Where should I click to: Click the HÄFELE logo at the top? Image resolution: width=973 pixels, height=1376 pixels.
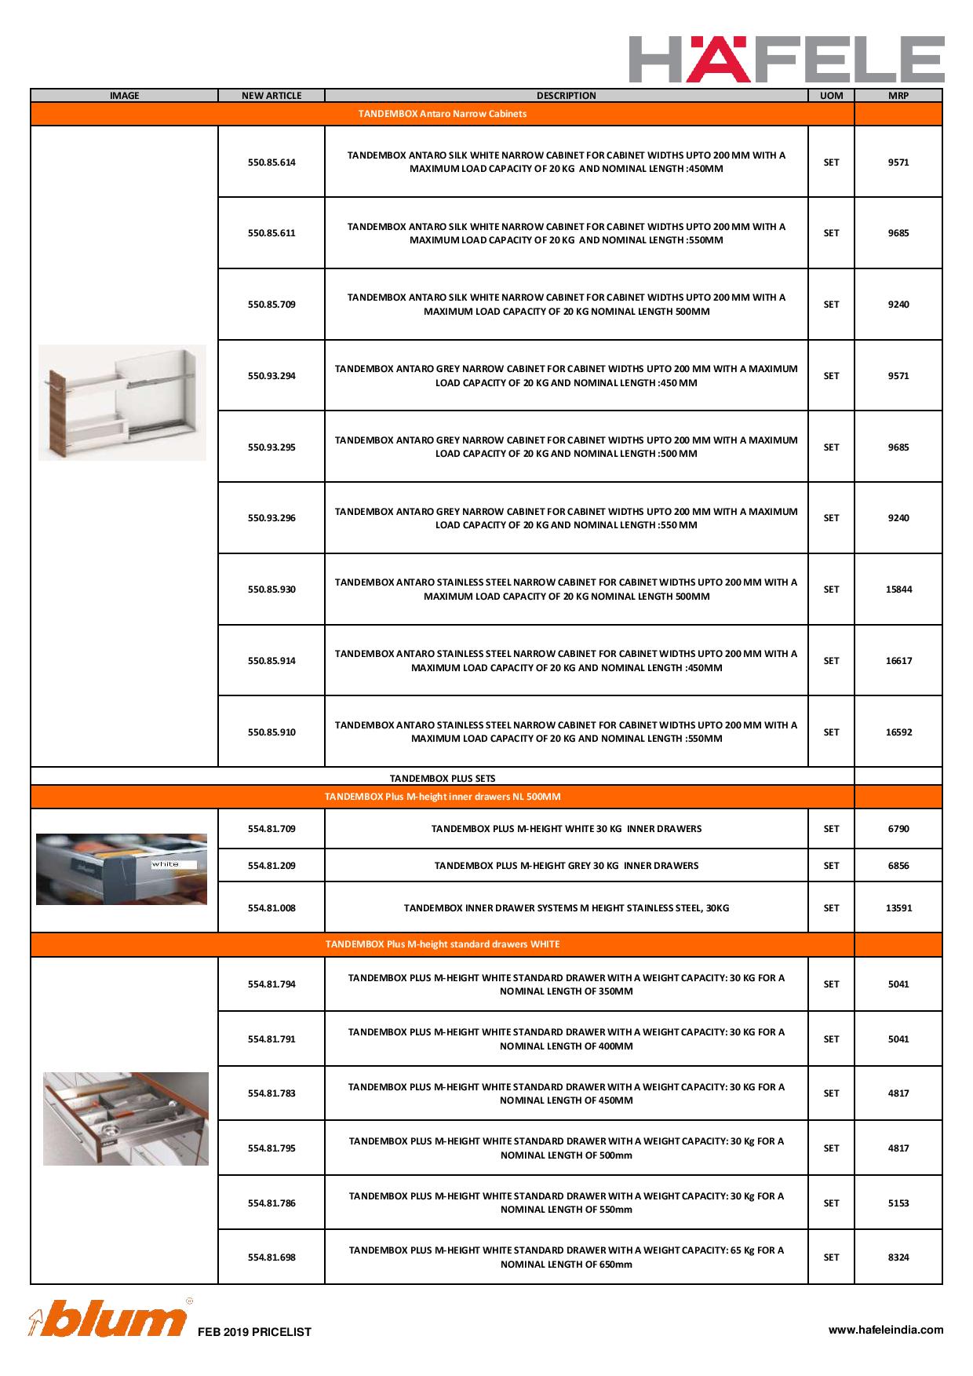786,59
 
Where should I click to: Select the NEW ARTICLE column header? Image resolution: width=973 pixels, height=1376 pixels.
271,96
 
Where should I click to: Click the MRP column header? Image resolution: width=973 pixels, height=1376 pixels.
898,96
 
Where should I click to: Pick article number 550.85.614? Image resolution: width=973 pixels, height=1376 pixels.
271,162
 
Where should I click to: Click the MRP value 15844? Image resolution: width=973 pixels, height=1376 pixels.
898,589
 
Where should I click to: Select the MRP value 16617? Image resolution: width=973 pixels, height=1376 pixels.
898,661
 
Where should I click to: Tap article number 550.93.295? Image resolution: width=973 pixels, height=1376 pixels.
271,447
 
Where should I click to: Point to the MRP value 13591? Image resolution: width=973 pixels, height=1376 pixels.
898,908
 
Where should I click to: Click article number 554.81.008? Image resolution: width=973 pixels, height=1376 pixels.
271,908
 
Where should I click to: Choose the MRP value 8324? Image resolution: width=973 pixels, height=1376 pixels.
898,1257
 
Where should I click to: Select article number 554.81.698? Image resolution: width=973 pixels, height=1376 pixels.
271,1257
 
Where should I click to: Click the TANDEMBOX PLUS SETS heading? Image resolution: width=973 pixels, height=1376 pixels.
443,779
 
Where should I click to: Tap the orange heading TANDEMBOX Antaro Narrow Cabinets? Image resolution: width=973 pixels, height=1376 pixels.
443,114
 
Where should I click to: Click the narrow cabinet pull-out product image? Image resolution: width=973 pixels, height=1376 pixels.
122,402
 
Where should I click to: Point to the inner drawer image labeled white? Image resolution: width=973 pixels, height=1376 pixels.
122,869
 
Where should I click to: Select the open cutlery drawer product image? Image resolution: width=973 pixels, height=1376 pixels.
126,1119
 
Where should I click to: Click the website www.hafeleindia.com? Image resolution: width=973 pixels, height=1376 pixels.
886,1330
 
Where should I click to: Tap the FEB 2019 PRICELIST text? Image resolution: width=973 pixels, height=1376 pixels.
254,1332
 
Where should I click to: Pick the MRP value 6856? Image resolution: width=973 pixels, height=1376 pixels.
898,866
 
